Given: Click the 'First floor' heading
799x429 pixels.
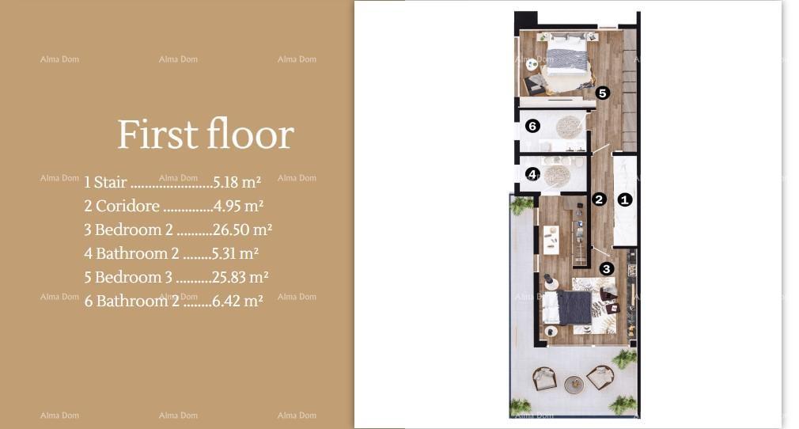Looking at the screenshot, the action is pos(206,134).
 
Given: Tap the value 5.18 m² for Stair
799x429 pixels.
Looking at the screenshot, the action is pos(237,182).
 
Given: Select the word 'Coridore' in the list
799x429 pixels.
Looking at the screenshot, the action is pos(127,206).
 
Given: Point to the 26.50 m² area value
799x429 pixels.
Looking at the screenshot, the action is pos(242,230).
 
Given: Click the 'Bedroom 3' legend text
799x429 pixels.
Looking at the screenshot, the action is pos(134,277).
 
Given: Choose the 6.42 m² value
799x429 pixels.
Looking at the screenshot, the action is pos(237,301).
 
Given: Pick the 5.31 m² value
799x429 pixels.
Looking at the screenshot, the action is pos(235,253).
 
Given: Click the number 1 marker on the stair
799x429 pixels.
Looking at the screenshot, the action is pos(625,199).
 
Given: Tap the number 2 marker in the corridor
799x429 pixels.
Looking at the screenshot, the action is pos(599,199).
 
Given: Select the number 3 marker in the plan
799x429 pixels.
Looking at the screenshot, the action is pos(607,269).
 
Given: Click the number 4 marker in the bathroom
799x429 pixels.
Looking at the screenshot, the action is pos(532,174).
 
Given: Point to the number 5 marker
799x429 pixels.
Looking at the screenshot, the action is pos(602,93).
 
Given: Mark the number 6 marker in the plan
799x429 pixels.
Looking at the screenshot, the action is pos(532,126).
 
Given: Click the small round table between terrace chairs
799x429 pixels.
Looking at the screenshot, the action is pos(574,384).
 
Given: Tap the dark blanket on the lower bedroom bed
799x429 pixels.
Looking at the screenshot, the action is pos(574,307).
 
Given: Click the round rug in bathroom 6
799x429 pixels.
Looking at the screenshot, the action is pos(569,127).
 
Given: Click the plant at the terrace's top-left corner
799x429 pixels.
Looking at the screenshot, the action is pos(521,206).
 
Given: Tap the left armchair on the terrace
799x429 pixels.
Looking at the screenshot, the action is pos(544,379).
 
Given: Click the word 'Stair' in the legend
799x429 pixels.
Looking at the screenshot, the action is pos(110,182).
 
